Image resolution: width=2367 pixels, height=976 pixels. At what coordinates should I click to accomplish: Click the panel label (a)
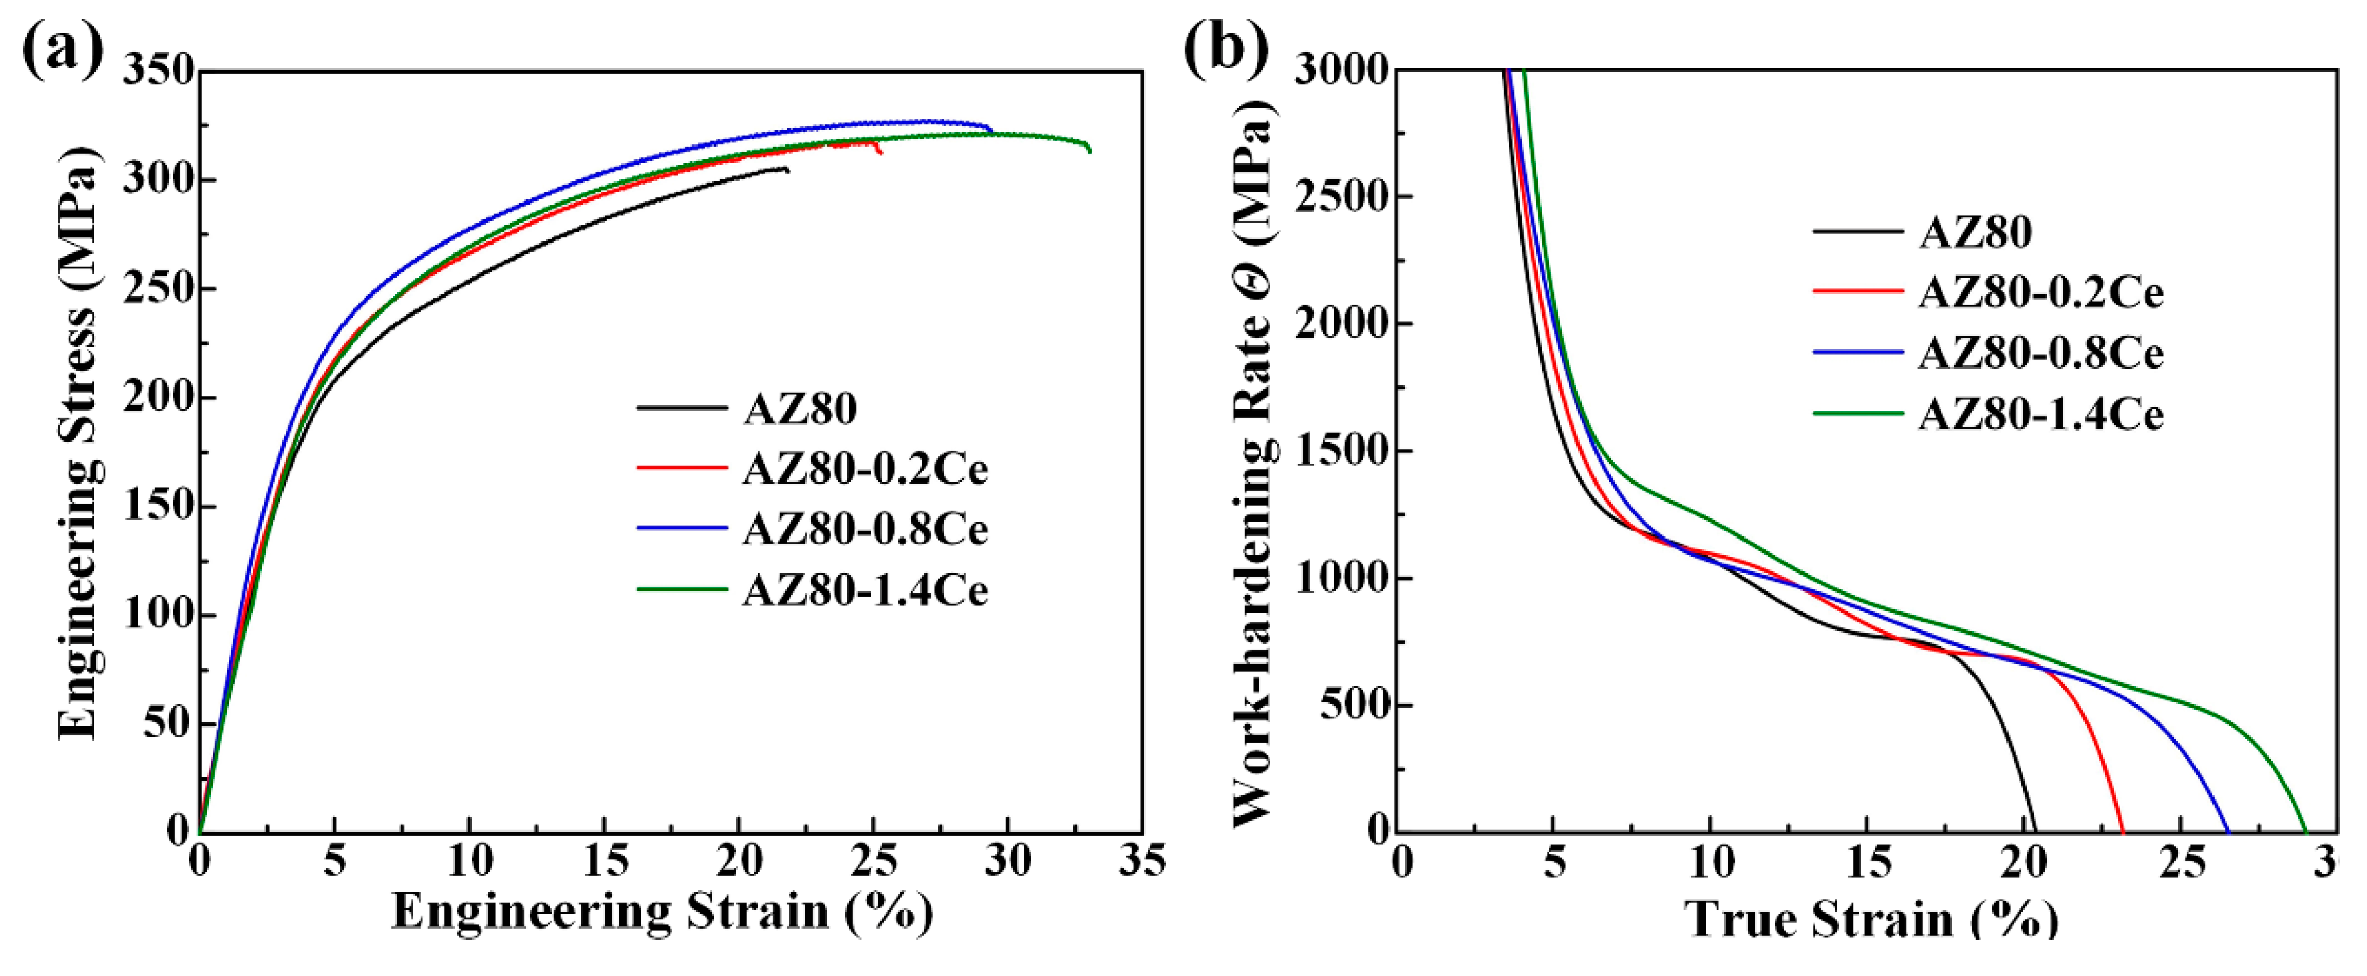(62, 47)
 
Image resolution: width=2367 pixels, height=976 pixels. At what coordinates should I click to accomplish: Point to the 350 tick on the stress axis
(158, 72)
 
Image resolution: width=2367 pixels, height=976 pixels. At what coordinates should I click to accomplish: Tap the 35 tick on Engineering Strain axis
(1142, 861)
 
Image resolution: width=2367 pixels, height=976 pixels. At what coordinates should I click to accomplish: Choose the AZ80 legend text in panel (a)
(799, 408)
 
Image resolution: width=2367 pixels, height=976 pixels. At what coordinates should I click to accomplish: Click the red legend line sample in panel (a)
(682, 468)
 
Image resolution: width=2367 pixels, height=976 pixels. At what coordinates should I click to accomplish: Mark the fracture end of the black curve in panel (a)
(787, 169)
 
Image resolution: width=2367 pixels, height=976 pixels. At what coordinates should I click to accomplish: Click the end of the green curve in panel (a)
(1090, 151)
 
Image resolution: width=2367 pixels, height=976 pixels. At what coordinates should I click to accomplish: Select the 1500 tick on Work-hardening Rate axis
(1340, 452)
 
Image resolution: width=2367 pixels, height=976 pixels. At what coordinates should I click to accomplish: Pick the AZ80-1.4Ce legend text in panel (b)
(2041, 415)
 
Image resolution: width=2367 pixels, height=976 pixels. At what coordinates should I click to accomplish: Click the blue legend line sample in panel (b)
(1857, 352)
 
